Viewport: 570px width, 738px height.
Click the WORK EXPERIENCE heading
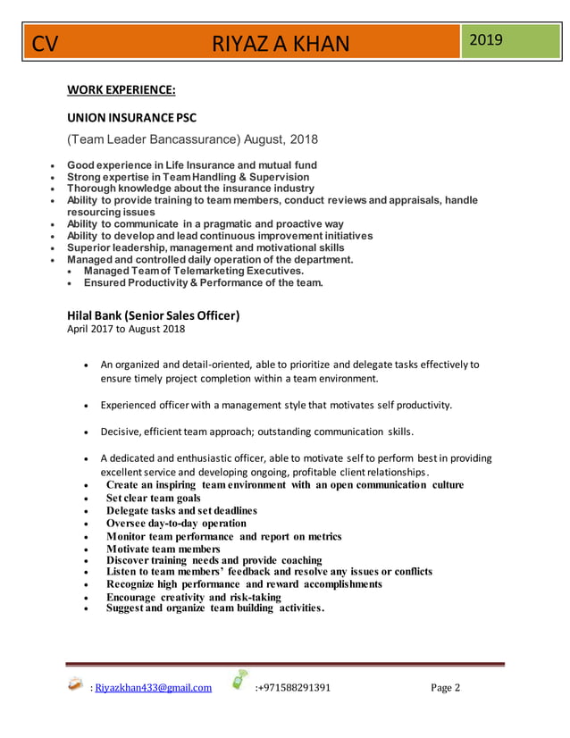(121, 89)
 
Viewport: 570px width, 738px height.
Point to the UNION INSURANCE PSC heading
(132, 117)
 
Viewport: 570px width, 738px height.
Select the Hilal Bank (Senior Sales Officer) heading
(154, 315)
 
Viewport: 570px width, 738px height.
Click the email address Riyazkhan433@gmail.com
(153, 688)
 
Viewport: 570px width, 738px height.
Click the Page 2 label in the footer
(445, 688)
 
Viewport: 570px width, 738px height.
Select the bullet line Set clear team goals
(153, 498)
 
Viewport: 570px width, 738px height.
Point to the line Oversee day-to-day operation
(176, 523)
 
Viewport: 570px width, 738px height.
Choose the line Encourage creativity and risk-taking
(193, 597)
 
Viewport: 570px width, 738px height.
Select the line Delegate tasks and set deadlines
(181, 510)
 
